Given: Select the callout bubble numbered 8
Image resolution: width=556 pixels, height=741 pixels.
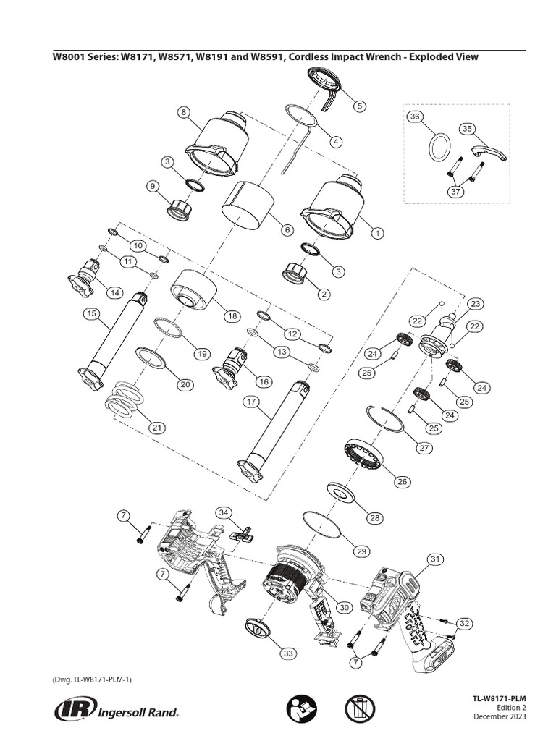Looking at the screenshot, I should point(184,112).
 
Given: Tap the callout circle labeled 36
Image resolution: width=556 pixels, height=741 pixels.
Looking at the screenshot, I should point(415,117).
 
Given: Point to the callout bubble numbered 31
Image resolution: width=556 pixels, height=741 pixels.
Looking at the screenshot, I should point(434,559).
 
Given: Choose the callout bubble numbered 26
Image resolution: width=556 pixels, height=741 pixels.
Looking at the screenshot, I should point(402,482).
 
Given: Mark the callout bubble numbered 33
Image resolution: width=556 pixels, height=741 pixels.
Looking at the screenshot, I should point(289,653).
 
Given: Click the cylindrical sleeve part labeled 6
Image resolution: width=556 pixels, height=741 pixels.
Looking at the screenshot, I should point(247,205).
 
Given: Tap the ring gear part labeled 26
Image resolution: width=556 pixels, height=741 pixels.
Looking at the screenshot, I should point(367,457).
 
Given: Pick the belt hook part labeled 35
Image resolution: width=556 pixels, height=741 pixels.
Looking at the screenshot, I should point(489,152).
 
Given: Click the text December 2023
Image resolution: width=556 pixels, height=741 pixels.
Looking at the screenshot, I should point(500,716).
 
